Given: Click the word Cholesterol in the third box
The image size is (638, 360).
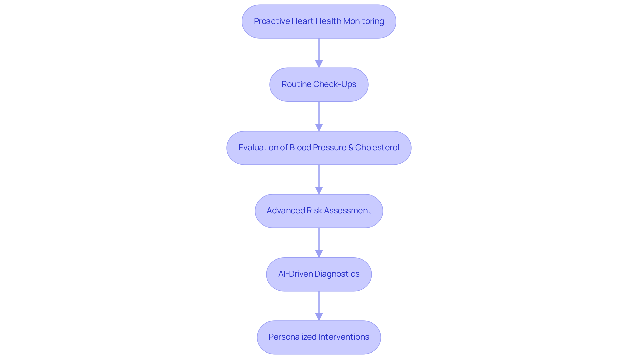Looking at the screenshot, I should point(377,147).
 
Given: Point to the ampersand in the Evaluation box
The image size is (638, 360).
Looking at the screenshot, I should point(351,147).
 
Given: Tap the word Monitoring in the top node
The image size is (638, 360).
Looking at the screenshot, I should point(364,21).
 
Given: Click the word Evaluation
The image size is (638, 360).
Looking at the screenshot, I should point(258,147).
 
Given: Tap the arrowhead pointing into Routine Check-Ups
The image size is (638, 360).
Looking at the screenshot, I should point(319,64).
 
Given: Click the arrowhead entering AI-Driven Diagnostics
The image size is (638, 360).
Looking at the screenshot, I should point(319,254).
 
